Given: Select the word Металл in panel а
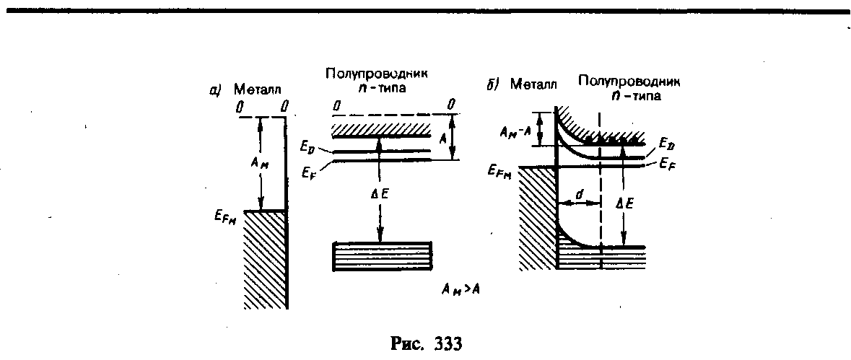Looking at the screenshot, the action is click(258, 89).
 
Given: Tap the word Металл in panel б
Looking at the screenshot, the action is click(533, 84).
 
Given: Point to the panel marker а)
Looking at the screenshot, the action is click(217, 90).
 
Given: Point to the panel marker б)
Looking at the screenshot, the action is click(493, 85).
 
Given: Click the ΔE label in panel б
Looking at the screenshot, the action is click(626, 203).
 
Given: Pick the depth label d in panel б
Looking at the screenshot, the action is click(580, 191).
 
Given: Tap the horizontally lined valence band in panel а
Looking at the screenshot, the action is click(383, 256).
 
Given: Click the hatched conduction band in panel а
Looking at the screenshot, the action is click(381, 131).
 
